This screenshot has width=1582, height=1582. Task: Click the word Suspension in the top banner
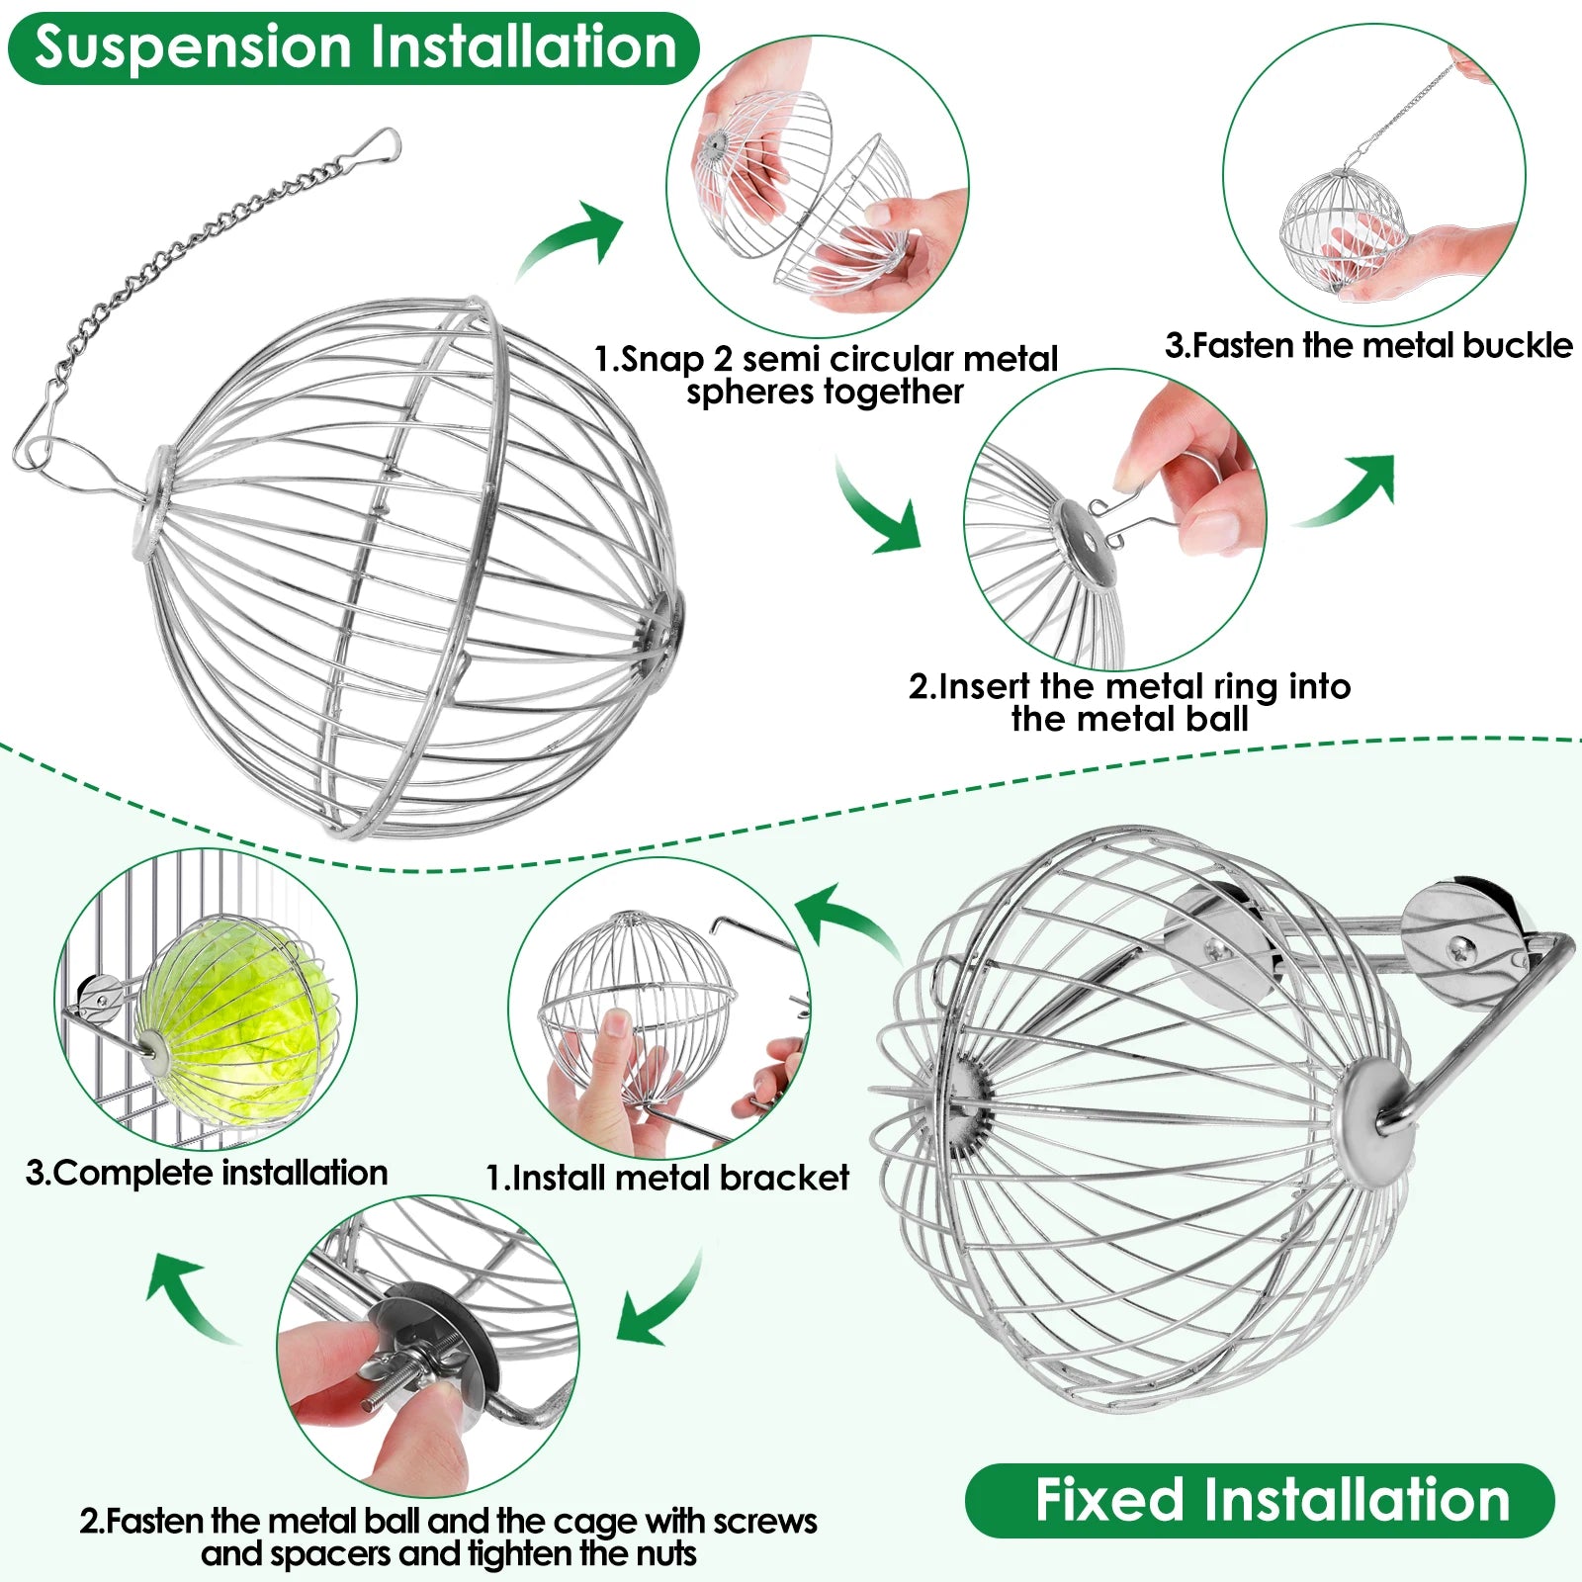[x=194, y=46]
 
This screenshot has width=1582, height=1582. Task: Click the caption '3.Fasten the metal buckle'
[x=1367, y=345]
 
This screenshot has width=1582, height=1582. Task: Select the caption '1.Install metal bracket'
[x=667, y=1178]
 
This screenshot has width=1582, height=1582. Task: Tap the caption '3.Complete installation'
[x=207, y=1173]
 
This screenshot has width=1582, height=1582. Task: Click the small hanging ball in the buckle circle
[x=1342, y=229]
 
